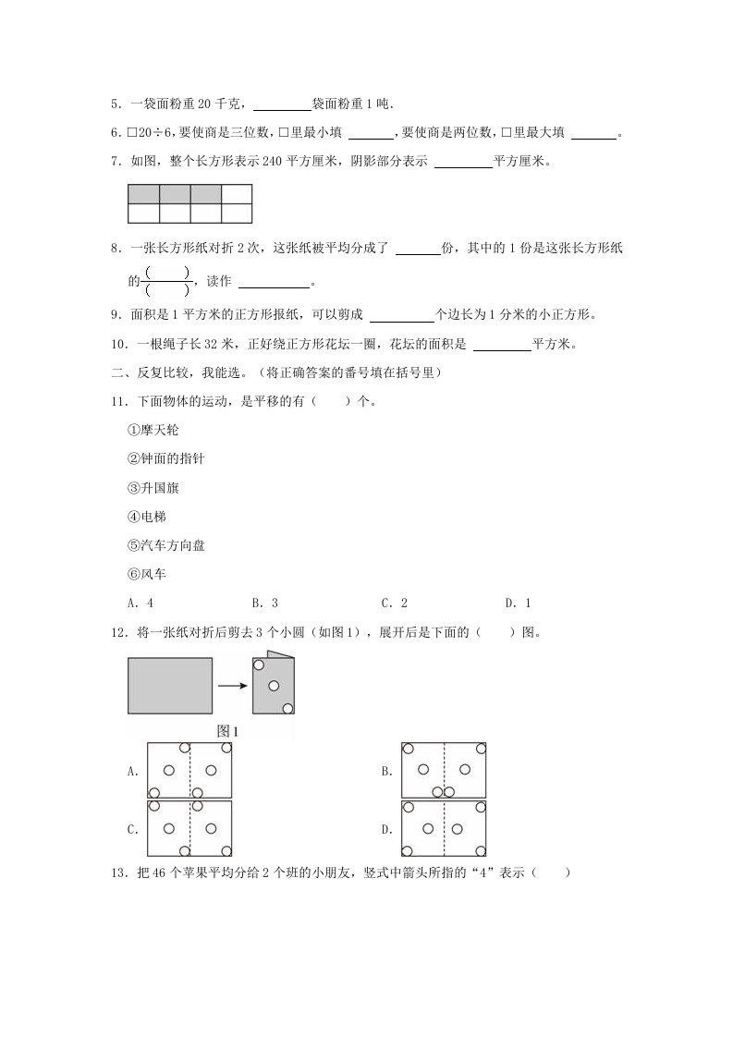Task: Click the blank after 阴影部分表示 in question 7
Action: pyautogui.click(x=462, y=163)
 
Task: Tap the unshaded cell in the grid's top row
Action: pyautogui.click(x=237, y=194)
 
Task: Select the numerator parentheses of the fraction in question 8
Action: pyautogui.click(x=167, y=271)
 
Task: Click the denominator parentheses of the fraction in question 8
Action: pyautogui.click(x=167, y=288)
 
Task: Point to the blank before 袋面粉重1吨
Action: pyautogui.click(x=282, y=105)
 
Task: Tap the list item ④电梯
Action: pyautogui.click(x=147, y=516)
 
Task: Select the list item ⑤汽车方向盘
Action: pyautogui.click(x=165, y=545)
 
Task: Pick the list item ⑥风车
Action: pyautogui.click(x=147, y=574)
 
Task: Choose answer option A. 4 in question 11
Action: pyautogui.click(x=140, y=604)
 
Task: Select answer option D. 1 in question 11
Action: pyautogui.click(x=518, y=604)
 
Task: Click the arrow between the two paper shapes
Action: pyautogui.click(x=232, y=685)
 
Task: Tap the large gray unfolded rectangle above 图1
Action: pyautogui.click(x=170, y=685)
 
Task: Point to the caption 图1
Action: pyautogui.click(x=227, y=730)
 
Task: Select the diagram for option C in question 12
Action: pyautogui.click(x=189, y=829)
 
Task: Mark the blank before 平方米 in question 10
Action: pyautogui.click(x=502, y=347)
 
